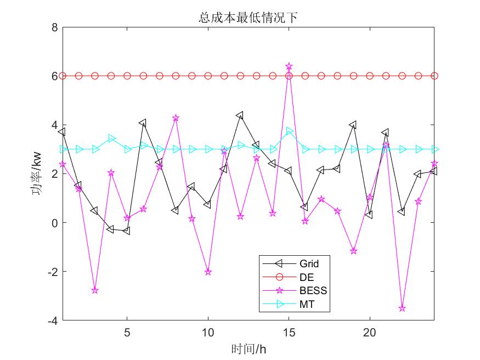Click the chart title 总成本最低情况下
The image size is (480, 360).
248,18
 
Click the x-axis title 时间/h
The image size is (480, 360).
248,348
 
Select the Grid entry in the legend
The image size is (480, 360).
309,264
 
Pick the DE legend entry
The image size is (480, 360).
307,277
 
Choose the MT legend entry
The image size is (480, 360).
307,304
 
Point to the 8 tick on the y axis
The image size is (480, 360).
54,27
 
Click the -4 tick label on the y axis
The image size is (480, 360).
53,320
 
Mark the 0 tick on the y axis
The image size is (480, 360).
54,223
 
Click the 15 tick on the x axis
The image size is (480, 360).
289,333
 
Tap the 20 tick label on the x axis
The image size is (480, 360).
370,333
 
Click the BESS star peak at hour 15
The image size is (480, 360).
289,66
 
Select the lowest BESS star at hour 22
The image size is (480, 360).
402,308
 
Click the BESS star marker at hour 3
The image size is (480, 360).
95,290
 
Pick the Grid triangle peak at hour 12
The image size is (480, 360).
240,115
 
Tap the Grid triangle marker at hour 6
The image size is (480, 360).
143,122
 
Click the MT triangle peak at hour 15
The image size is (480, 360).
289,132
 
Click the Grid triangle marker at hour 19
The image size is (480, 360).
353,125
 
